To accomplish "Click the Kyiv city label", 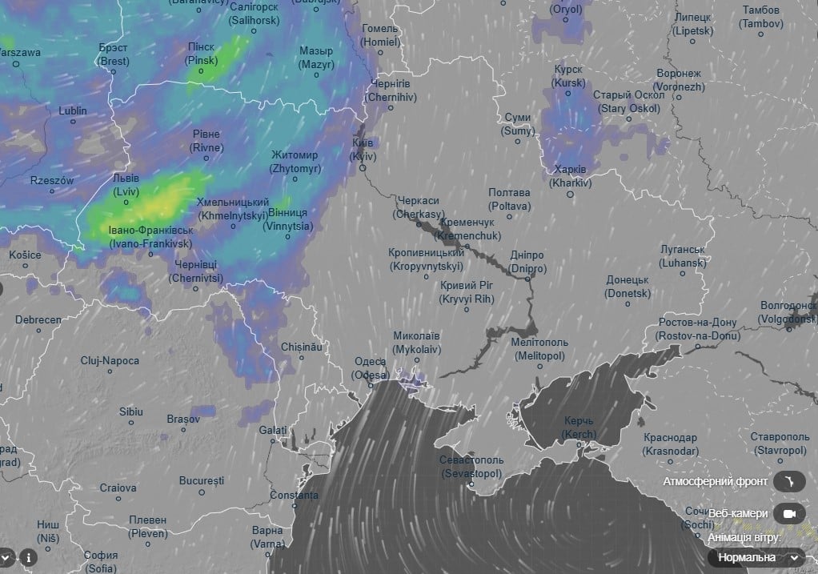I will click(x=362, y=149).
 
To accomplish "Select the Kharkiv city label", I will click(x=570, y=176).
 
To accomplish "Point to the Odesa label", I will click(x=371, y=367).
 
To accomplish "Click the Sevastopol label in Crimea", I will click(x=471, y=467).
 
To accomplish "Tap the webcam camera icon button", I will click(x=789, y=513).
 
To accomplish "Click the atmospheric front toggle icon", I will click(x=789, y=481).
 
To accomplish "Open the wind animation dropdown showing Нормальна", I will click(x=756, y=557).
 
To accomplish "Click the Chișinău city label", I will click(x=302, y=347).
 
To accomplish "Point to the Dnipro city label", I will click(x=527, y=262).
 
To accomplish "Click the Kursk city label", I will click(x=568, y=76).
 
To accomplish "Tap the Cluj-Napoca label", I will click(x=110, y=361).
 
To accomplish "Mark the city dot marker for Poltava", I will click(x=509, y=215).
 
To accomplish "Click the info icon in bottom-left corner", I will click(x=28, y=556).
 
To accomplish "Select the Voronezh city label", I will click(x=679, y=80).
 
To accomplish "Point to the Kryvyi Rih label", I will click(x=467, y=292).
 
